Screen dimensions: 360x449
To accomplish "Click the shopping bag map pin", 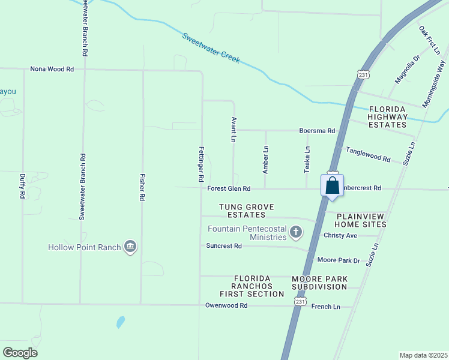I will (x=333, y=185).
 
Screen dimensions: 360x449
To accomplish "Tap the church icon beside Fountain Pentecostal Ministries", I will (x=295, y=232).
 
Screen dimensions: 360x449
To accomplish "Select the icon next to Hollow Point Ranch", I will (x=130, y=247).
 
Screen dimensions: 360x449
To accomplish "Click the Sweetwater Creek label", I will (x=211, y=48).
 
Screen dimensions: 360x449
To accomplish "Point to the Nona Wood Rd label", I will (x=52, y=70).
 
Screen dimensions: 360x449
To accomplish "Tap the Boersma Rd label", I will (x=317, y=130).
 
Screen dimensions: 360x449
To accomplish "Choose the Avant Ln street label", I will (x=233, y=130).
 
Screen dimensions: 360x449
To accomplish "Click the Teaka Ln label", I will (x=307, y=160).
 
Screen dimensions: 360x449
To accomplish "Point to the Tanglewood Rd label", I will (x=368, y=155).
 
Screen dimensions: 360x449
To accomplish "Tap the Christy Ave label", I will (x=340, y=235).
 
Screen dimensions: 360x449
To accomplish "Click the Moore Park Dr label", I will (x=338, y=260).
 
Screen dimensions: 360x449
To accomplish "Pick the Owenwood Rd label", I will (x=226, y=305).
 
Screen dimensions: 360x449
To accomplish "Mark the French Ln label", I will (x=326, y=307).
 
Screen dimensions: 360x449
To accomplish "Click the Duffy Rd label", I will (x=22, y=187).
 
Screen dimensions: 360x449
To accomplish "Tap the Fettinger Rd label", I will (x=201, y=163).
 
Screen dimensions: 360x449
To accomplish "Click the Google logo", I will (x=20, y=353).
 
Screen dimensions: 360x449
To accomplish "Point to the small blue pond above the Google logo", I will (x=121, y=322).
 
